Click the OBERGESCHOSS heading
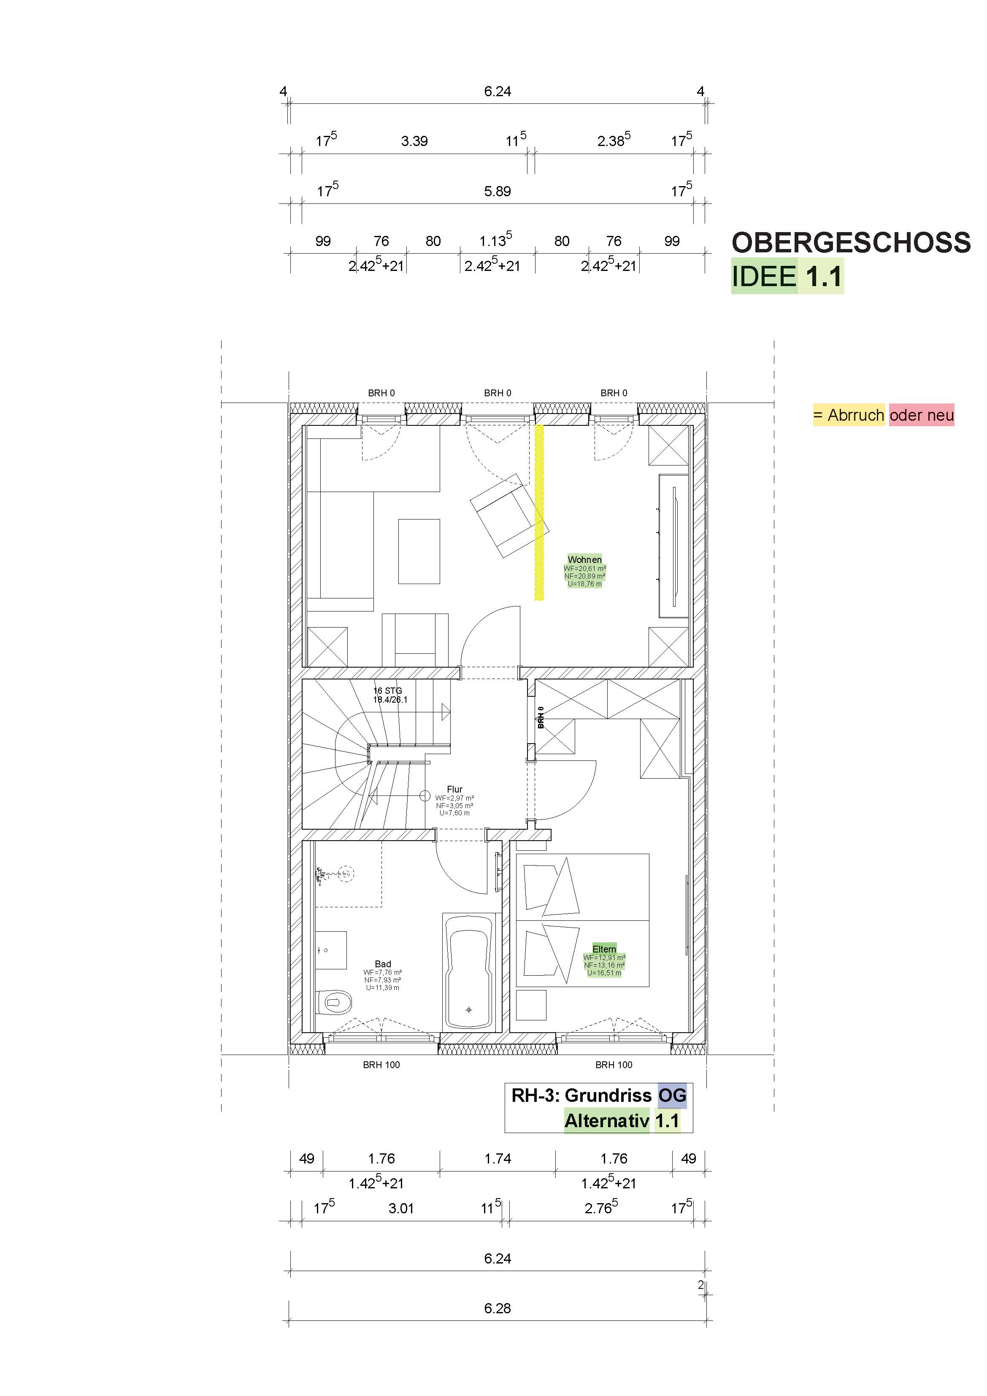851,243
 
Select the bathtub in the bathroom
468,972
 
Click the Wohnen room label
584,560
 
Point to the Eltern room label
604,949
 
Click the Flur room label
454,789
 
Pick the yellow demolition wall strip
539,512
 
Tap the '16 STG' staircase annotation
387,691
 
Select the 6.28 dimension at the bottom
498,1309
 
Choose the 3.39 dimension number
414,141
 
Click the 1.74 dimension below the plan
498,1159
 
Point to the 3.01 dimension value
401,1209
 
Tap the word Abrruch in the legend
856,415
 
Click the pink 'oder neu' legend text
921,415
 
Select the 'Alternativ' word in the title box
607,1120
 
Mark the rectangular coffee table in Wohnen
419,552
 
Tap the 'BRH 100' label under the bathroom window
381,1065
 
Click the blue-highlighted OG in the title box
672,1095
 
